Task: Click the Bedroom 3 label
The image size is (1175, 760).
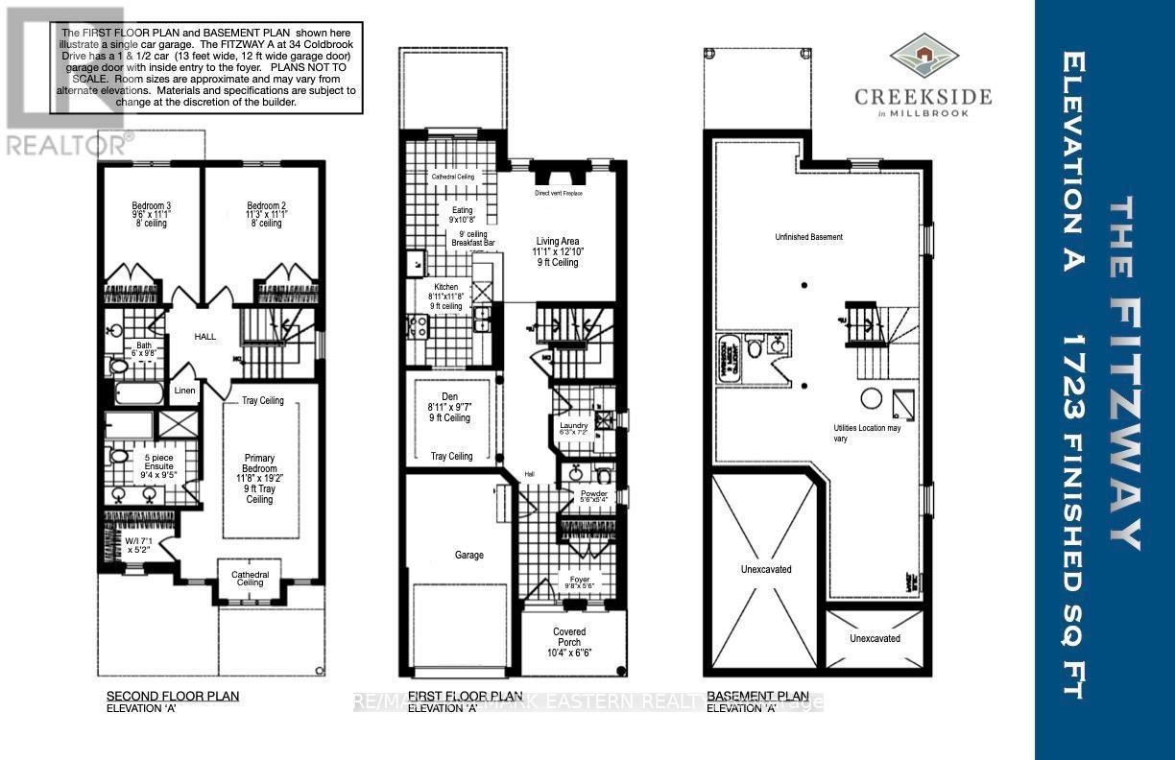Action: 151,205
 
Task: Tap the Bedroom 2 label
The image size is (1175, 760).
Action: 266,205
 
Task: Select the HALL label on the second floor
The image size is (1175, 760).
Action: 205,337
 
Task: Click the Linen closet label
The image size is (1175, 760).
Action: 185,391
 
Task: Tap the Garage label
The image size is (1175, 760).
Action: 469,555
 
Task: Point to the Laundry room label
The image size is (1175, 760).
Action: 573,425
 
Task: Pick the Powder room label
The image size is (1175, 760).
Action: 594,494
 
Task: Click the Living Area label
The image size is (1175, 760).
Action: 557,242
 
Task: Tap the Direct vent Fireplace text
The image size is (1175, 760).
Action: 559,193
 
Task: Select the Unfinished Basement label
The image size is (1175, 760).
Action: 810,237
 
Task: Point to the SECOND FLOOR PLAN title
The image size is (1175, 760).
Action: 172,696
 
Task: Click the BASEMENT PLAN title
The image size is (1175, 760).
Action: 756,696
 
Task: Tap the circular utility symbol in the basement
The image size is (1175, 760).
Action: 871,398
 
